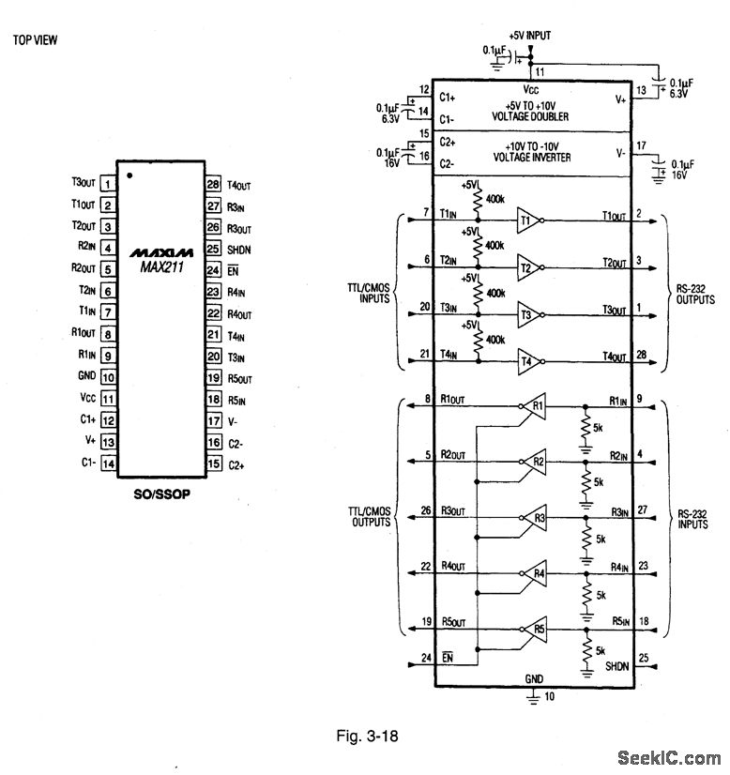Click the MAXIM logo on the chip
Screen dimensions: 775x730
[161, 252]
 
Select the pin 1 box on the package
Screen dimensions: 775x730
[109, 184]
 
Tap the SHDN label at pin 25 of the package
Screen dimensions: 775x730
[239, 249]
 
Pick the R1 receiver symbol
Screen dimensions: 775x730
[535, 407]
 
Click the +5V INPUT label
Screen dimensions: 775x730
[529, 35]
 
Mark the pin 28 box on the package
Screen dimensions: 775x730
[212, 184]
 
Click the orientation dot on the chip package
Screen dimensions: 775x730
[130, 175]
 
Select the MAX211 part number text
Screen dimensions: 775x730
[161, 267]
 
